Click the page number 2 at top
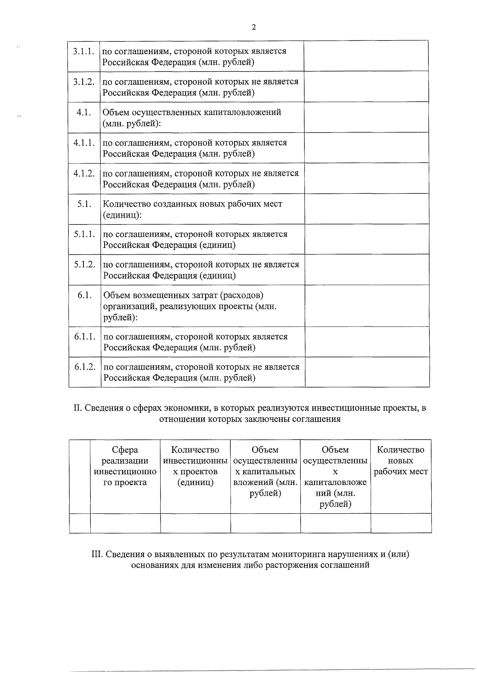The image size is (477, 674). point(254,27)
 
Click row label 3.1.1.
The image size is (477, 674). point(83,51)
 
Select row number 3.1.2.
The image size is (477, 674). point(83,82)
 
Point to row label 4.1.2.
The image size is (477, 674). point(84,173)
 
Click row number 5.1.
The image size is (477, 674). point(84,204)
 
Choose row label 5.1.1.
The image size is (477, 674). point(84,234)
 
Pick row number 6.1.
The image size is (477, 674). point(85,295)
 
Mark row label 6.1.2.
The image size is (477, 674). point(85,367)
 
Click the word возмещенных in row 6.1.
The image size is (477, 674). point(159,295)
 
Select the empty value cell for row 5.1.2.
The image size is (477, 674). point(366,269)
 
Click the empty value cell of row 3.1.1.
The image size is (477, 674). point(366,56)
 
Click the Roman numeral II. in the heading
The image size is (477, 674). point(78,408)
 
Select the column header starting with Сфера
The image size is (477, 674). point(125,466)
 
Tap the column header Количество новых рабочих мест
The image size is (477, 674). point(401,461)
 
